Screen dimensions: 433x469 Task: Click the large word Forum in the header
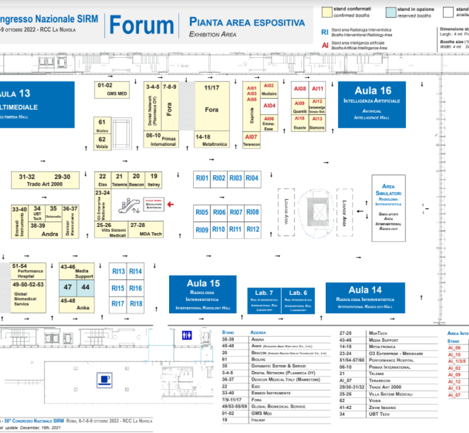coord(141,25)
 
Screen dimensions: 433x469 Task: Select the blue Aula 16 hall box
coord(372,104)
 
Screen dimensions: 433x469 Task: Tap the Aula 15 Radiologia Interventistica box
coord(203,294)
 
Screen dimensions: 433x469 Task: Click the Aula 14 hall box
coord(365,297)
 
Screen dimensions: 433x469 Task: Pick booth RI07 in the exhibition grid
coord(236,212)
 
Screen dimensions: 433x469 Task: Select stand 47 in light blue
coord(68,287)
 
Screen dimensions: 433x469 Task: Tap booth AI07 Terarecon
coord(251,139)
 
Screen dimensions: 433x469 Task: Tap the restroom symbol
coord(188,336)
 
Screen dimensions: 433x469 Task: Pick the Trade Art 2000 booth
coord(45,180)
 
